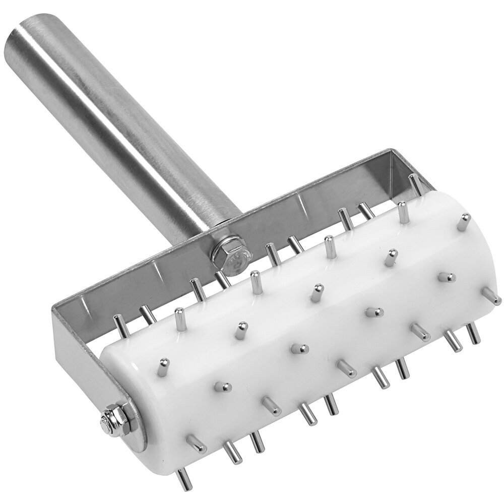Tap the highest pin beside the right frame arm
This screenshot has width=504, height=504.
tap(415, 184)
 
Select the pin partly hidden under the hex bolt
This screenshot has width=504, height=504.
tap(221, 277)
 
